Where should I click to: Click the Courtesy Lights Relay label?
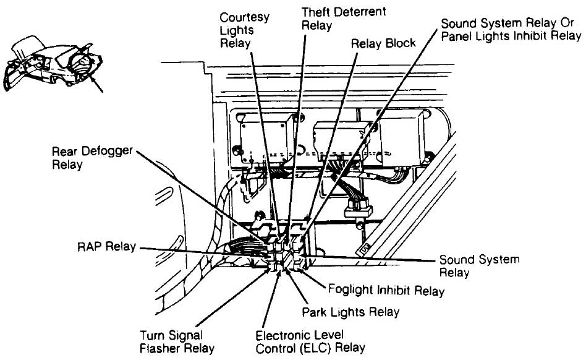tap(244, 30)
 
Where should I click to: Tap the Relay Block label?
tap(383, 43)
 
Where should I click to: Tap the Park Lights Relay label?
tap(350, 311)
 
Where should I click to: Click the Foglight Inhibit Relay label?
tap(386, 289)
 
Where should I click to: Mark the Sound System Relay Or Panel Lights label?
tap(511, 29)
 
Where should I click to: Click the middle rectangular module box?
tap(342, 140)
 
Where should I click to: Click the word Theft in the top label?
tap(315, 12)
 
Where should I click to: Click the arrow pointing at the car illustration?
tap(96, 85)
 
